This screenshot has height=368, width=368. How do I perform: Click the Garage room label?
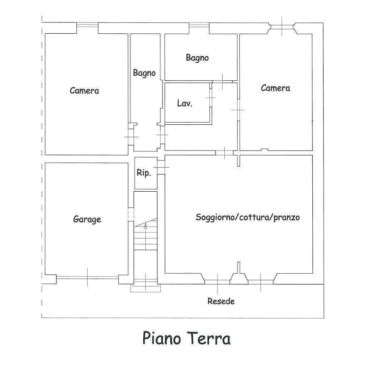pos(87,220)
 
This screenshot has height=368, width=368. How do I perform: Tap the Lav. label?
pos(185,103)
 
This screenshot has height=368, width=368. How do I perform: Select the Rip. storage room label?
pos(144,173)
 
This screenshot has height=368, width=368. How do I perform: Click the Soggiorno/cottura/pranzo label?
pos(248,217)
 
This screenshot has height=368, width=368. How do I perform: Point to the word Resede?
pos(221,301)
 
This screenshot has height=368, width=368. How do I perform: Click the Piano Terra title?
pos(186,338)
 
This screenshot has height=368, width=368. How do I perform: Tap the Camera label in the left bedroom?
pos(84,91)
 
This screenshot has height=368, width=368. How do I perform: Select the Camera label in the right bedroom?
pos(275,88)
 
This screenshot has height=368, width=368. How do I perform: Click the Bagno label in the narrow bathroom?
pos(144,73)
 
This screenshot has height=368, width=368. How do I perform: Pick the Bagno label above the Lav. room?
pos(197,58)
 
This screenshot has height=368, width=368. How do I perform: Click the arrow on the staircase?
pos(145,236)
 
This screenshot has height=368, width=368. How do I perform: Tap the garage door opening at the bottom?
pos(87,277)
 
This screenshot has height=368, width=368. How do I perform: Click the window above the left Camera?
pos(87,25)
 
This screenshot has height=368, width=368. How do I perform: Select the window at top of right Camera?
pos(282,27)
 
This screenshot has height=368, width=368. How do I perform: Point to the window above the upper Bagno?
pos(199,25)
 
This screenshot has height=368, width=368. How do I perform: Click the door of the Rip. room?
pos(161,167)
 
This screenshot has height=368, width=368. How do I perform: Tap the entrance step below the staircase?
pos(145,288)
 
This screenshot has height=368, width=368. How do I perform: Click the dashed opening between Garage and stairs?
pos(131,214)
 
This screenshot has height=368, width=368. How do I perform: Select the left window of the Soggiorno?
pos(217,282)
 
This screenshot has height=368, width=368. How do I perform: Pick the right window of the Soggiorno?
pos(260,282)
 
